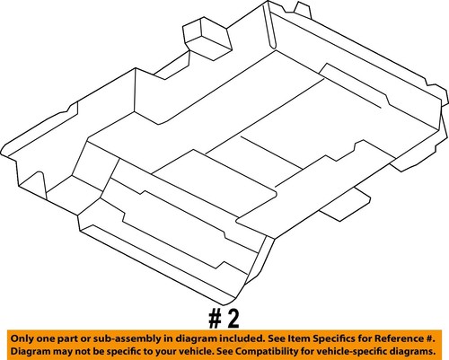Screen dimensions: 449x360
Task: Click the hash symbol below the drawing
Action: pyautogui.click(x=215, y=319)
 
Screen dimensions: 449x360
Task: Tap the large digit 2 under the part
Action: pyautogui.click(x=233, y=319)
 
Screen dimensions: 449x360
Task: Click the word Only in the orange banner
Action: pyautogui.click(x=22, y=339)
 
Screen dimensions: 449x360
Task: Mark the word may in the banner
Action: pyautogui.click(x=60, y=351)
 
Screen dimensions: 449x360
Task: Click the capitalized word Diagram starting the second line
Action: pyautogui.click(x=30, y=351)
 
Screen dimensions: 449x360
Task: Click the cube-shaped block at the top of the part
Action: pyautogui.click(x=207, y=39)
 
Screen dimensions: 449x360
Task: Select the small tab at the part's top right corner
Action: pyautogui.click(x=304, y=10)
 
